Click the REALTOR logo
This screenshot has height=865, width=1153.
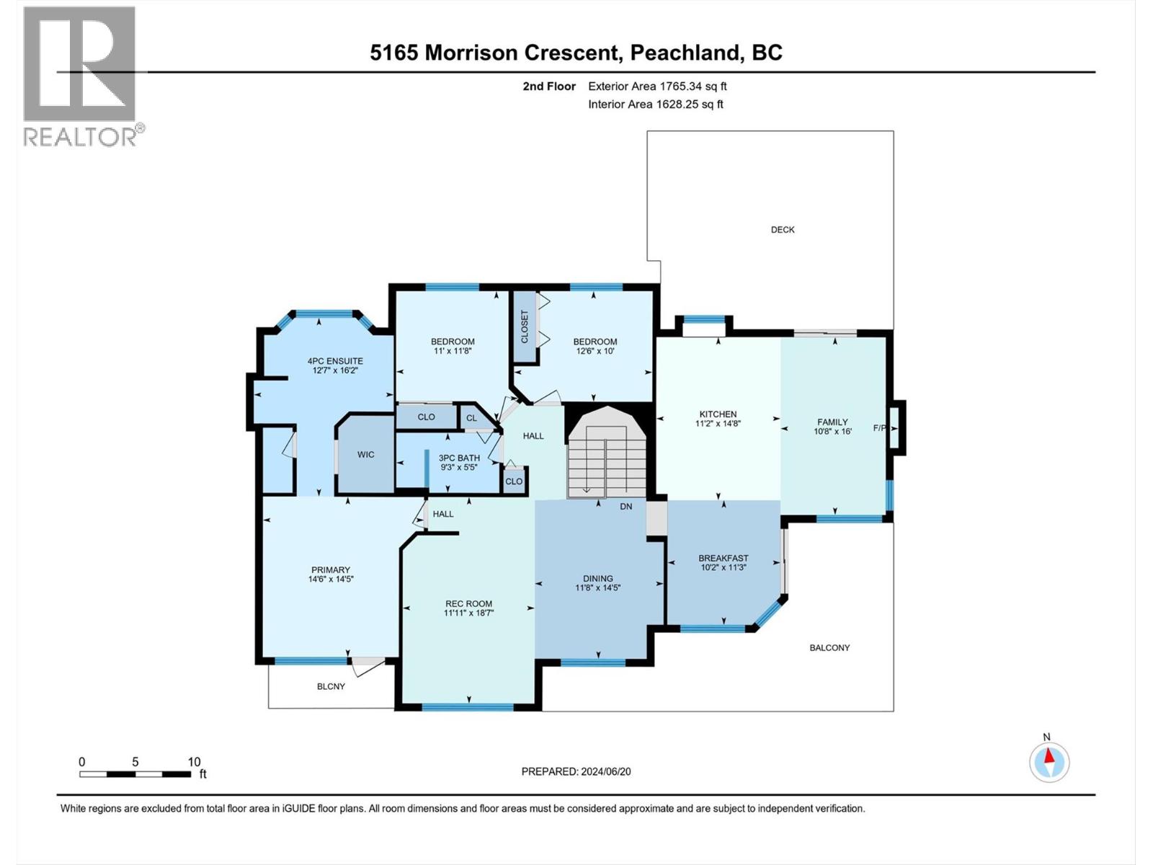click(x=84, y=76)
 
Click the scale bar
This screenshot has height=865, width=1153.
click(x=135, y=774)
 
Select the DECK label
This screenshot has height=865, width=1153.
click(x=783, y=229)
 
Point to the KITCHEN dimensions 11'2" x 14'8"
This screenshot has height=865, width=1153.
click(x=718, y=423)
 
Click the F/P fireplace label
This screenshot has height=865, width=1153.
click(x=879, y=428)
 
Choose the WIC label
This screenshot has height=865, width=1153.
click(x=365, y=454)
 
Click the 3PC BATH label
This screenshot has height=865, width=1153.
click(x=459, y=458)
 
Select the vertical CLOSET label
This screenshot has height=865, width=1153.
click(x=524, y=327)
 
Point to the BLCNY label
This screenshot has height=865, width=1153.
click(x=331, y=686)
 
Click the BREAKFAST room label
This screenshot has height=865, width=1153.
click(x=724, y=558)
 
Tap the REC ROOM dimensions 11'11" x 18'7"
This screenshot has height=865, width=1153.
click(x=468, y=613)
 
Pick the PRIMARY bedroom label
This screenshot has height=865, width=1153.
click(x=330, y=570)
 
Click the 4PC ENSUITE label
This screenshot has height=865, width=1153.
click(x=335, y=361)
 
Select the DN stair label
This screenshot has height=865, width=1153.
click(x=626, y=507)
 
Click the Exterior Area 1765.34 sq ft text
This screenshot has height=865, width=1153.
click(x=657, y=86)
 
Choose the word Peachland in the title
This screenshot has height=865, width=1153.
click(x=685, y=53)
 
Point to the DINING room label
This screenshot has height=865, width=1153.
click(x=598, y=579)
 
